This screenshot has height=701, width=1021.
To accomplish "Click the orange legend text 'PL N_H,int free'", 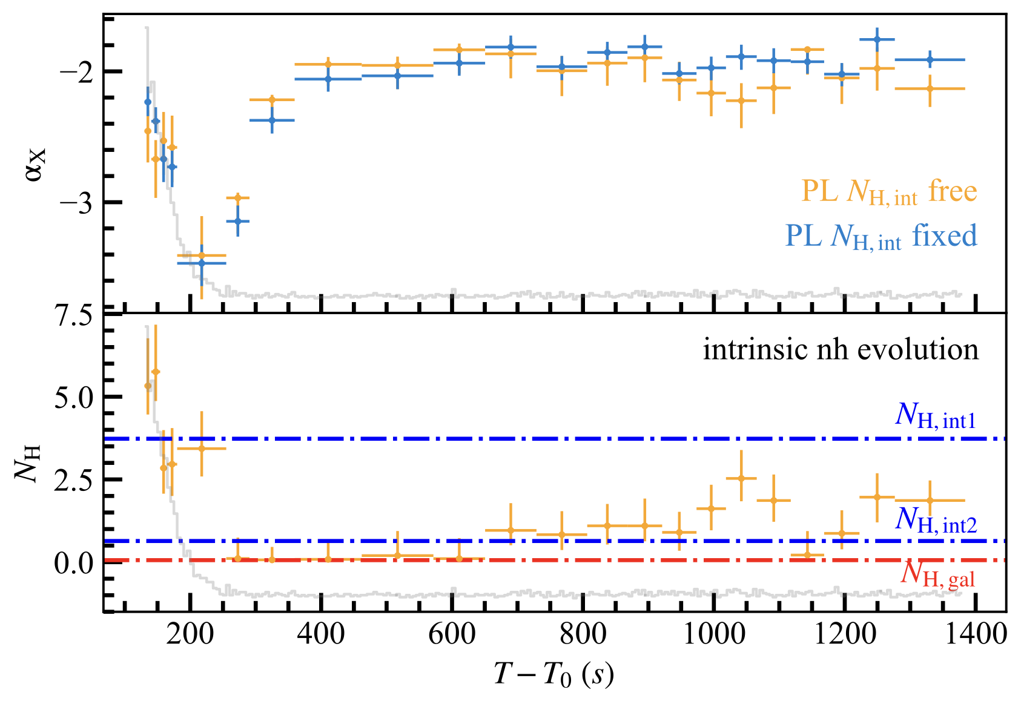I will (x=889, y=191).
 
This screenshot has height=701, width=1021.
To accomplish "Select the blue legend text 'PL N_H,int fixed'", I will (x=881, y=236).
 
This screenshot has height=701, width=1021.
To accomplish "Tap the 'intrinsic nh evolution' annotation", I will (x=840, y=350).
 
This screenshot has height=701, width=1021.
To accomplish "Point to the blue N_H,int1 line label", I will (x=936, y=416).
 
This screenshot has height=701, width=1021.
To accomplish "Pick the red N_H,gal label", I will (x=937, y=573).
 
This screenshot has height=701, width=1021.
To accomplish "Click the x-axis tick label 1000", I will (x=715, y=635).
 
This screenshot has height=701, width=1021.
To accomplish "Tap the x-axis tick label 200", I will (x=190, y=635).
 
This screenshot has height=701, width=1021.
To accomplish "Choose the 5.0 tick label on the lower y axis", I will (x=74, y=397).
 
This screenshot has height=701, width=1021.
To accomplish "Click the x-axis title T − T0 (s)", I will (x=554, y=674).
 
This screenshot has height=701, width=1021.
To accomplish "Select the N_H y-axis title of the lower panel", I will (x=28, y=463).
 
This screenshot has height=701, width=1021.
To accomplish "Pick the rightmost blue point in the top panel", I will (x=930, y=59).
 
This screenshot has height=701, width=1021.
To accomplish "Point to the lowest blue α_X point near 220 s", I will (x=202, y=263).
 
